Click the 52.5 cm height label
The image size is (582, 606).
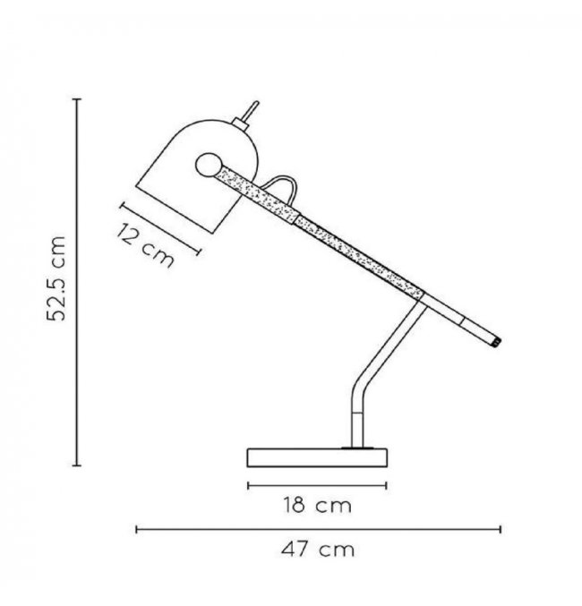pos(56,278)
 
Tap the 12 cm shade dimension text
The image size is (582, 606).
pos(145,245)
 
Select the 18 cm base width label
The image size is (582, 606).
pos(318,506)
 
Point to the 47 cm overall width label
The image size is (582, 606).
pos(318,550)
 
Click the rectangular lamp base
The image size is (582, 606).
pos(317,457)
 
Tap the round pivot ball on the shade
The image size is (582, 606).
pos(210,165)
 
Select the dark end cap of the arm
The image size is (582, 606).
pos(497,342)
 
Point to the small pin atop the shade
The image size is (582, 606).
pos(250,113)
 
